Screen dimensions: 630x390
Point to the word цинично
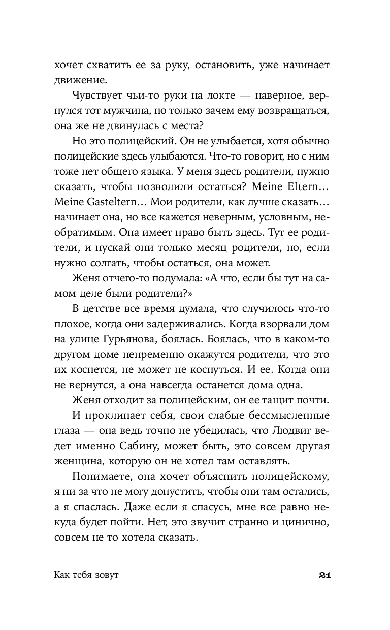click(307, 522)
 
